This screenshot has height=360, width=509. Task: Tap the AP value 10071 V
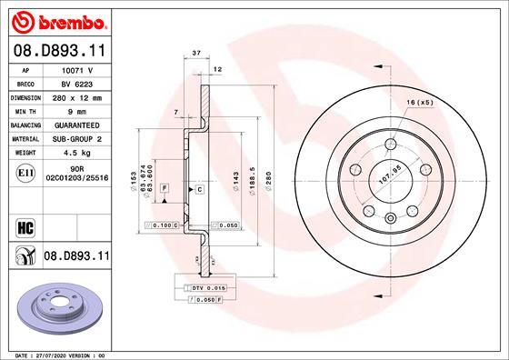click(x=77, y=69)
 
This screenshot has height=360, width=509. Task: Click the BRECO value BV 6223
click(x=76, y=83)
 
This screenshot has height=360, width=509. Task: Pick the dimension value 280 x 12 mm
click(x=76, y=96)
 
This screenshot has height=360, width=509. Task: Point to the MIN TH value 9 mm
click(x=76, y=110)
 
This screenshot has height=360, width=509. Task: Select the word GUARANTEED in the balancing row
click(x=76, y=125)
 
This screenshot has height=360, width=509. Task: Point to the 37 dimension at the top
click(x=195, y=54)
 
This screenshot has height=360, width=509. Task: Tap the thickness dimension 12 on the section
click(x=217, y=69)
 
